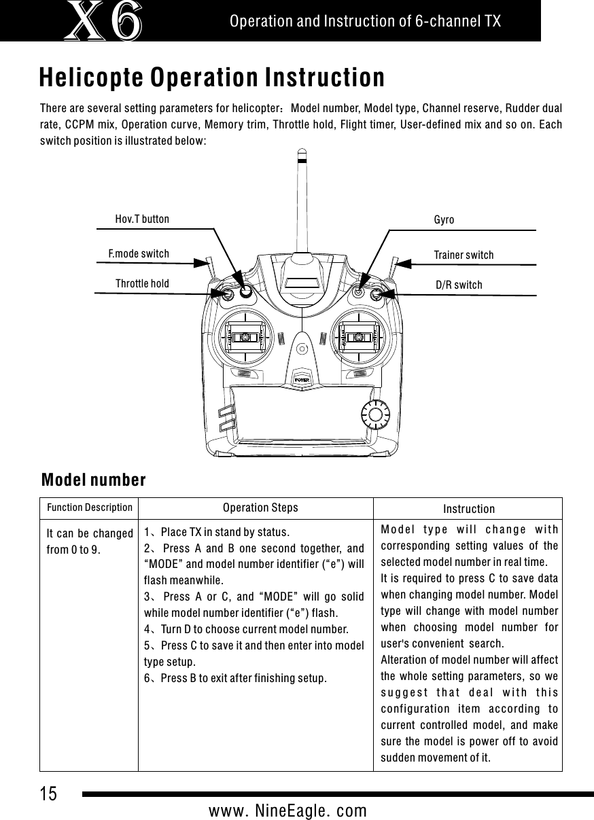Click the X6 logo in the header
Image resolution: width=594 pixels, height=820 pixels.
(105, 20)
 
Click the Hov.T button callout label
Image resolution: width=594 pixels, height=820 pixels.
(142, 219)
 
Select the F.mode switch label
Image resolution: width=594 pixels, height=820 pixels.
(139, 254)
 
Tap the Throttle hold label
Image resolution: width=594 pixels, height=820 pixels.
(142, 283)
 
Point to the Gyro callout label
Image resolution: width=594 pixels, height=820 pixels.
(444, 221)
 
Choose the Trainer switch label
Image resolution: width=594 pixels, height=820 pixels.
(464, 255)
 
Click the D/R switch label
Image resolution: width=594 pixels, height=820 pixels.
(459, 285)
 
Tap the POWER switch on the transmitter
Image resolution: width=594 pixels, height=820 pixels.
(302, 378)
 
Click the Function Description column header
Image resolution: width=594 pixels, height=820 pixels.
(89, 507)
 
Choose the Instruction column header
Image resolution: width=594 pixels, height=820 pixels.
(469, 509)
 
